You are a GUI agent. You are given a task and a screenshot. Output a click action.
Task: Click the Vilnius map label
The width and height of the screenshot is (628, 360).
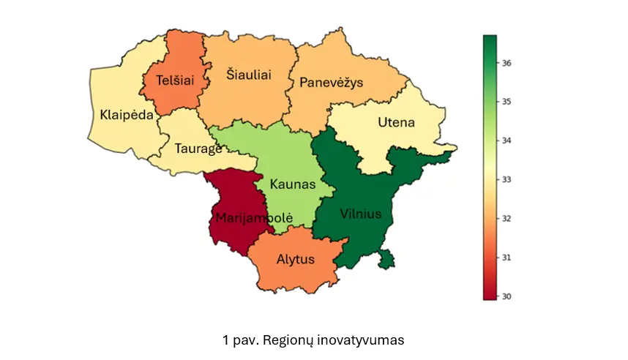361,214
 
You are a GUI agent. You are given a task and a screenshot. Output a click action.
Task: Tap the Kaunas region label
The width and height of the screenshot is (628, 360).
292,184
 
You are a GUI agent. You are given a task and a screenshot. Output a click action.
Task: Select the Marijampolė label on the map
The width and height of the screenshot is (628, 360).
253,218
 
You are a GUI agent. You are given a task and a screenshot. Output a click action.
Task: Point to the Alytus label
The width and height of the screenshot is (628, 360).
296,259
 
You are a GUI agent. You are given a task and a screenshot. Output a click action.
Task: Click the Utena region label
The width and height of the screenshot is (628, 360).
396,122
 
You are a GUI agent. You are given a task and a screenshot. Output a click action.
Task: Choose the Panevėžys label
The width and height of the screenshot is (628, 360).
331,83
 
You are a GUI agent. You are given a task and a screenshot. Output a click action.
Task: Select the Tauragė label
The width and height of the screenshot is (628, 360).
198,149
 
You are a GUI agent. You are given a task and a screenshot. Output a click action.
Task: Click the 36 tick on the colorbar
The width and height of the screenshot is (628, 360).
507,63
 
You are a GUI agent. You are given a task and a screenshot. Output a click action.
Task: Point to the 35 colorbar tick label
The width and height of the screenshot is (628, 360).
507,102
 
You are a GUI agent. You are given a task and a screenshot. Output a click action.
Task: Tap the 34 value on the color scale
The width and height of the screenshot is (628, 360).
507,140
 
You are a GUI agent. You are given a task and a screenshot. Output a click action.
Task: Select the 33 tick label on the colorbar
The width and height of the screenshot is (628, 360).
507,179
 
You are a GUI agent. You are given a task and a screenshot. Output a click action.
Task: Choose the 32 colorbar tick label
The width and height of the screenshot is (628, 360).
507,218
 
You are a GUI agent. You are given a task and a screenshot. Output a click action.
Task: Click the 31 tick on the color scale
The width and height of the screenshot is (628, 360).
507,258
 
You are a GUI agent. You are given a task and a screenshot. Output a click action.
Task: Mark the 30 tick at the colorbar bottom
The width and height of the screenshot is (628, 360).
507,296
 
